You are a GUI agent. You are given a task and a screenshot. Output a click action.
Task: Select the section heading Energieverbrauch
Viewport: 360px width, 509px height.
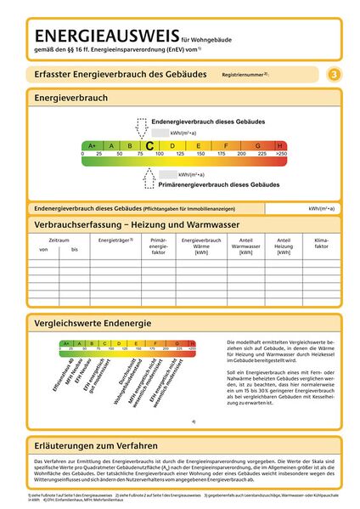pyautogui.click(x=70, y=99)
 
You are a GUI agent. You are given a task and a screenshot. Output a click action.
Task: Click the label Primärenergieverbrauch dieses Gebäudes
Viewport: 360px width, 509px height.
pyautogui.click(x=218, y=184)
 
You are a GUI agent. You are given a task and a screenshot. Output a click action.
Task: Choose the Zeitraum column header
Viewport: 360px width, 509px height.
pyautogui.click(x=59, y=240)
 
